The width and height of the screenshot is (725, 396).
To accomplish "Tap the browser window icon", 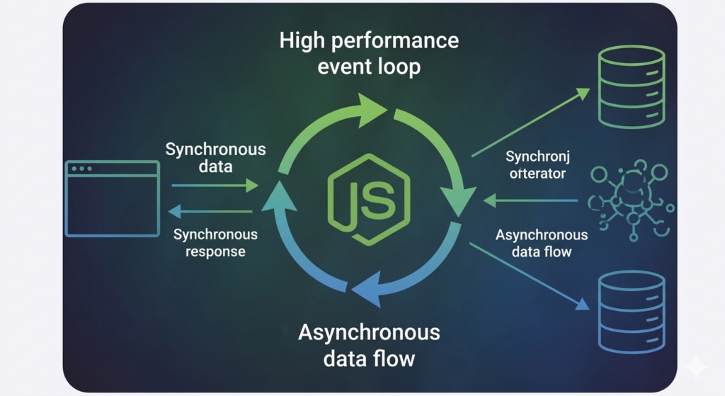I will [112, 198].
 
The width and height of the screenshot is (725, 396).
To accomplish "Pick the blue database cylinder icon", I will [632, 312].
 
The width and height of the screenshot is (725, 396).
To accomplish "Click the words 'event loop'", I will [369, 67].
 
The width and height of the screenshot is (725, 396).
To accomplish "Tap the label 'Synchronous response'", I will [215, 242].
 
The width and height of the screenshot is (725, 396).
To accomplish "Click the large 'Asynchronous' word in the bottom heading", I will [369, 332].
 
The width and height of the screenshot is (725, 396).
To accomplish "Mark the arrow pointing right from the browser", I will [215, 186].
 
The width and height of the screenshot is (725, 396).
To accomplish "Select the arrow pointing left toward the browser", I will [211, 211].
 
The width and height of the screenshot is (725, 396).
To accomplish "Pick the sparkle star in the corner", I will [695, 366].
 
